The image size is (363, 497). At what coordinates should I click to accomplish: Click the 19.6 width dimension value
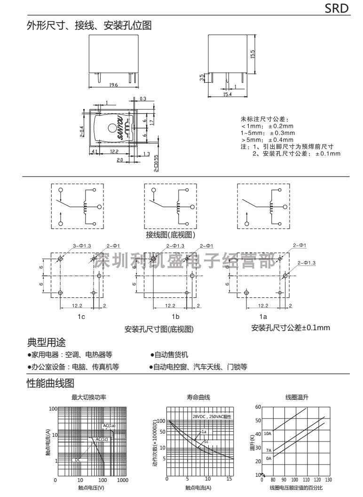[100, 85]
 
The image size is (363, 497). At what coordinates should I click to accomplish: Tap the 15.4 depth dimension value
[228, 94]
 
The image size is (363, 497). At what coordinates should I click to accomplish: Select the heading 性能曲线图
[50, 383]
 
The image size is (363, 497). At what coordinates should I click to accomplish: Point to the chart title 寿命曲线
[198, 397]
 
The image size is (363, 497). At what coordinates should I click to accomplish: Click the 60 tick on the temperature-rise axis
[257, 407]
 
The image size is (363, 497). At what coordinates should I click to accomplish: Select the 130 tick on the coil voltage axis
[328, 480]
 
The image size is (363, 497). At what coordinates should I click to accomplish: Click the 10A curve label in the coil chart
[268, 434]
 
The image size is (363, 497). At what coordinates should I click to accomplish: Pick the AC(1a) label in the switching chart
[109, 426]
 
